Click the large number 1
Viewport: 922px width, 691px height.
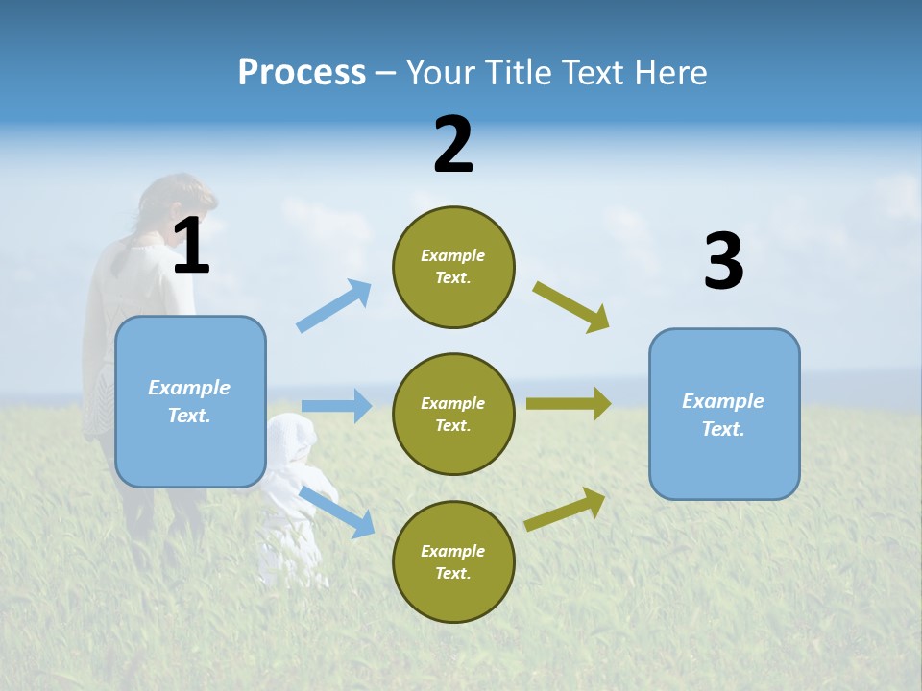coord(191,247)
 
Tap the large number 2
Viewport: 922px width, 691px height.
coord(453,145)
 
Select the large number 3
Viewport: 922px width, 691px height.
coord(723,262)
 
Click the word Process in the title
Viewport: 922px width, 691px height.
coord(302,72)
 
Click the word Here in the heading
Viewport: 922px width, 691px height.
coord(671,72)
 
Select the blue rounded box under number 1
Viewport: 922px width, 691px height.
coord(190,401)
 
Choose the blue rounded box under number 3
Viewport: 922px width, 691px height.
coord(724,415)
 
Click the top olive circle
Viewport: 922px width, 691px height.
coord(453,267)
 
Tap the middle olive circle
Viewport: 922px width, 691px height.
coord(453,415)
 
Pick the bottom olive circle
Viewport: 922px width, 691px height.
coord(453,562)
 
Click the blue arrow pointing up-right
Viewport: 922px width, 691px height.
coord(334,305)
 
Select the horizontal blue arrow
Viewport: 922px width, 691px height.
coord(336,406)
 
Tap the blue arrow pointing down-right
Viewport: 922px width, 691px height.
coord(337,511)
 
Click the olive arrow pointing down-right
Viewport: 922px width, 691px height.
coord(571,306)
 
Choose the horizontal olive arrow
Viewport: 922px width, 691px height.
coord(569,404)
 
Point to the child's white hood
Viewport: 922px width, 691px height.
coord(290,439)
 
